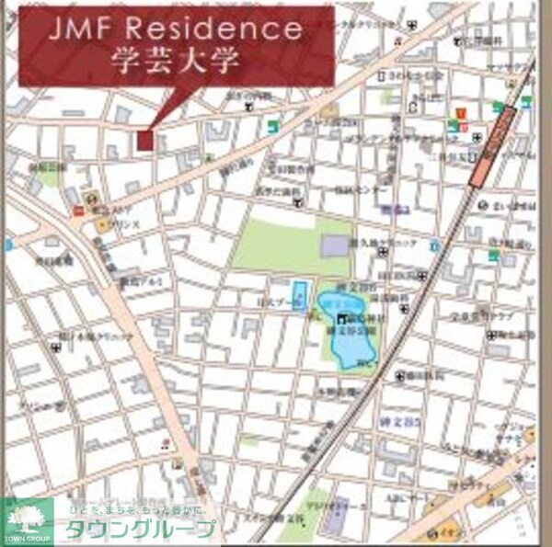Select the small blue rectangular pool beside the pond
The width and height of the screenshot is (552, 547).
coord(298,297)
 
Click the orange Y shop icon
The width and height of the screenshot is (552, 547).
coord(454,115)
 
